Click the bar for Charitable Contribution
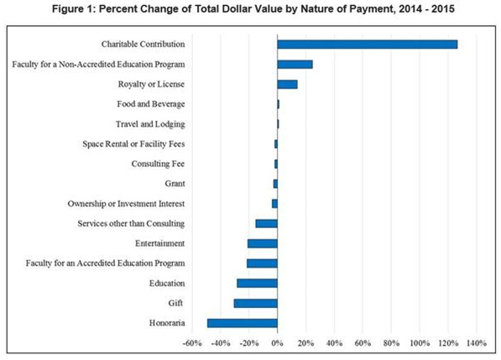[x=367, y=44]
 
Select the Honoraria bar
[x=243, y=323]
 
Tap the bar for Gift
[x=255, y=303]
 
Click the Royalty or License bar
[x=287, y=84]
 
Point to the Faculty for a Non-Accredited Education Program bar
[x=295, y=64]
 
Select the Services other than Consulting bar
[x=266, y=223]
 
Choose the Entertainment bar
[x=262, y=243]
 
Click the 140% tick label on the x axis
[x=476, y=342]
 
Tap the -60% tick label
[x=190, y=342]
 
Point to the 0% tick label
[x=277, y=342]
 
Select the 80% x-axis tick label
[x=391, y=342]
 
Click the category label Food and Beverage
[x=151, y=104]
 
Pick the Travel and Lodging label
[x=153, y=124]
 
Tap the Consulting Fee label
[x=158, y=164]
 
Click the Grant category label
[x=175, y=184]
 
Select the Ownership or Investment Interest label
[x=126, y=204]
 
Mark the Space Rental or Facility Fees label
[x=133, y=143]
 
